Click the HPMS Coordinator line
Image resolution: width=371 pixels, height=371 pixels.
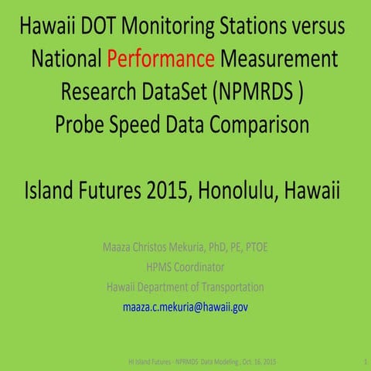[x=185, y=267]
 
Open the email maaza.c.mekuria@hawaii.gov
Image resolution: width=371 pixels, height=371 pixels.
[x=185, y=308]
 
